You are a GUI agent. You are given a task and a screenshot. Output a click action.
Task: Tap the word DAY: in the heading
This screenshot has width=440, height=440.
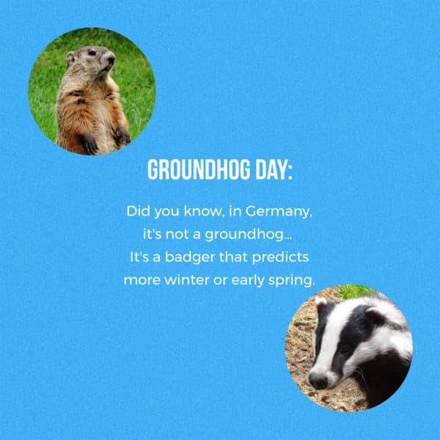[271, 169]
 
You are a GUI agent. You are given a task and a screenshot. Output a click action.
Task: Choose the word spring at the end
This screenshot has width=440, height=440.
[293, 281]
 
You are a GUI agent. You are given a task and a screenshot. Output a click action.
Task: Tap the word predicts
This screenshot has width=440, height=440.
[287, 257]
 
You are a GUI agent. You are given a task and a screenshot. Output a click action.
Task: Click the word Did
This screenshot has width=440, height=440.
[138, 211]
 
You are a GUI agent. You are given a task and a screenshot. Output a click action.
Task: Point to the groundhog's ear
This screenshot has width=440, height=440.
[70, 55]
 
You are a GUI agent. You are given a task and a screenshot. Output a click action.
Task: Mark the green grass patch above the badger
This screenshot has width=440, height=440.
[356, 291]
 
